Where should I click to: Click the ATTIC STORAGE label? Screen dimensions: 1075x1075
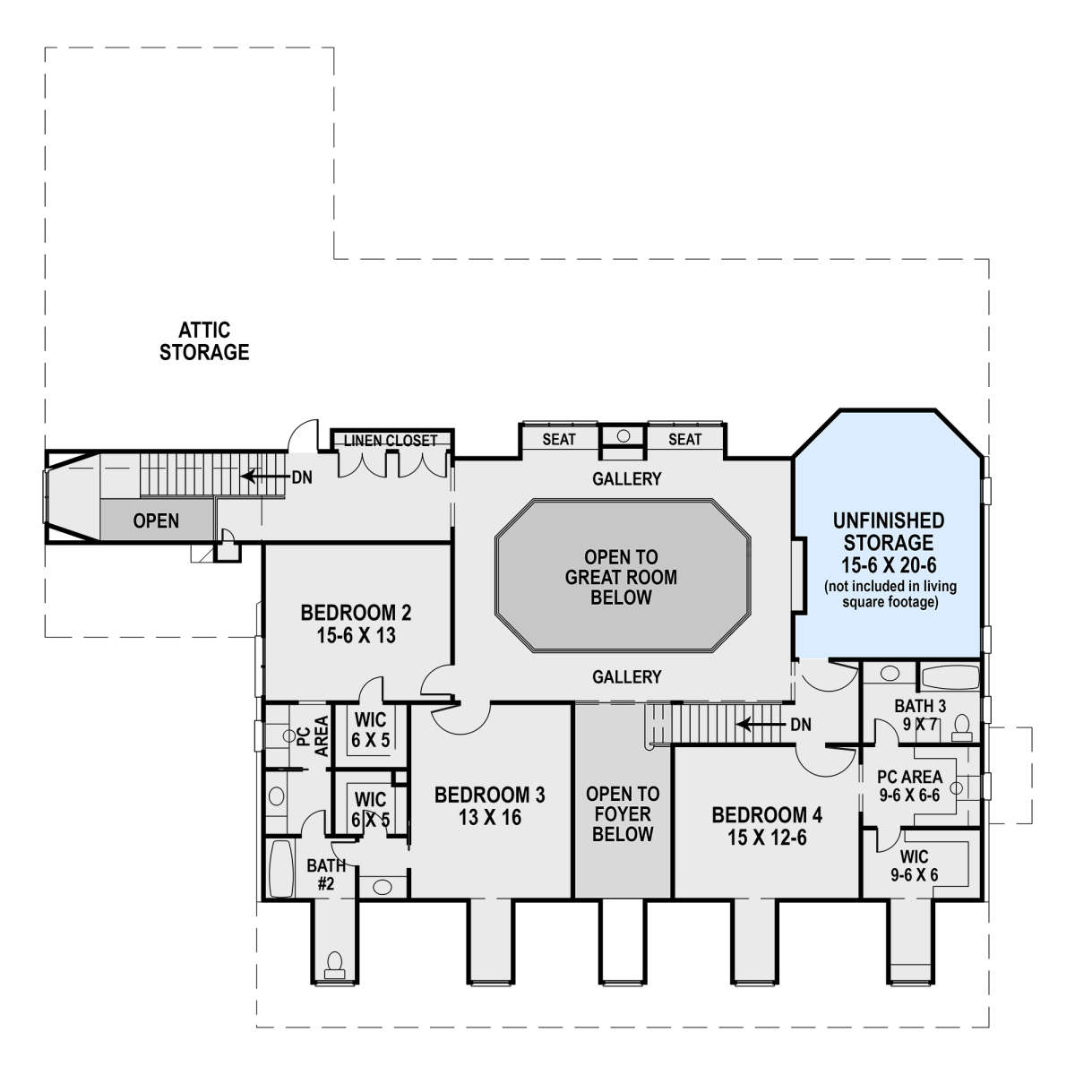coord(204,340)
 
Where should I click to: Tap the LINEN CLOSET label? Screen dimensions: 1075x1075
coord(391,441)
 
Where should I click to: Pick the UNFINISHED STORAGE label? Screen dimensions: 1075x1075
coord(888,531)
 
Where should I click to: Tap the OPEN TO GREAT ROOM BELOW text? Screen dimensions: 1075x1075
coord(621,578)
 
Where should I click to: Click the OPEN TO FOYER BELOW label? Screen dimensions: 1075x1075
coord(623,814)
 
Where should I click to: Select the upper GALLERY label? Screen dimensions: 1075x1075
coord(626,478)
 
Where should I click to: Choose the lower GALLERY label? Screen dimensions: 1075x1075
coord(626,676)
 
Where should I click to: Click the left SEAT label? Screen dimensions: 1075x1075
coord(558,440)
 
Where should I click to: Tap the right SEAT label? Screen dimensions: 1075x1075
coord(684,440)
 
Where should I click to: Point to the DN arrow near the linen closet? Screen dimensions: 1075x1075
coord(265,477)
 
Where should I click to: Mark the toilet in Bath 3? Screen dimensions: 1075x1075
coord(961,728)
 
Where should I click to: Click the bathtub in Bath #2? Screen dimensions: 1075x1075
coord(281,868)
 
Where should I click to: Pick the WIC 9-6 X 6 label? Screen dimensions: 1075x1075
coord(914,865)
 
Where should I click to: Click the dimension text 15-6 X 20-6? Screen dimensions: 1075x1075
coord(889,565)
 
